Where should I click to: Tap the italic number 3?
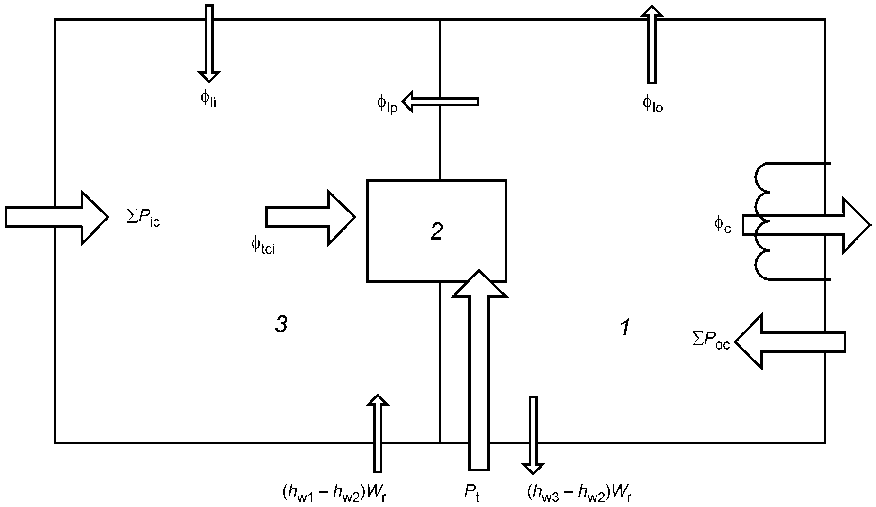click(281, 325)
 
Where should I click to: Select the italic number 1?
click(625, 328)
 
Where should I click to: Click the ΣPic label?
click(143, 219)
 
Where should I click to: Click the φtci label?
click(263, 246)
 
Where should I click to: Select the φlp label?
click(387, 104)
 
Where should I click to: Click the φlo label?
click(653, 103)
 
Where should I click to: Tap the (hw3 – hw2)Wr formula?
click(579, 493)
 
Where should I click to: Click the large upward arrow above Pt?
click(479, 370)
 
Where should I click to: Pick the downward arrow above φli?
click(208, 43)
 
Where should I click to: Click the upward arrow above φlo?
click(652, 44)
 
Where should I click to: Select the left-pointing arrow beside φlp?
click(440, 101)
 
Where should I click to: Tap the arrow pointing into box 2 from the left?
click(310, 217)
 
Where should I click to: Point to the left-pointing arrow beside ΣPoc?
click(790, 341)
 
